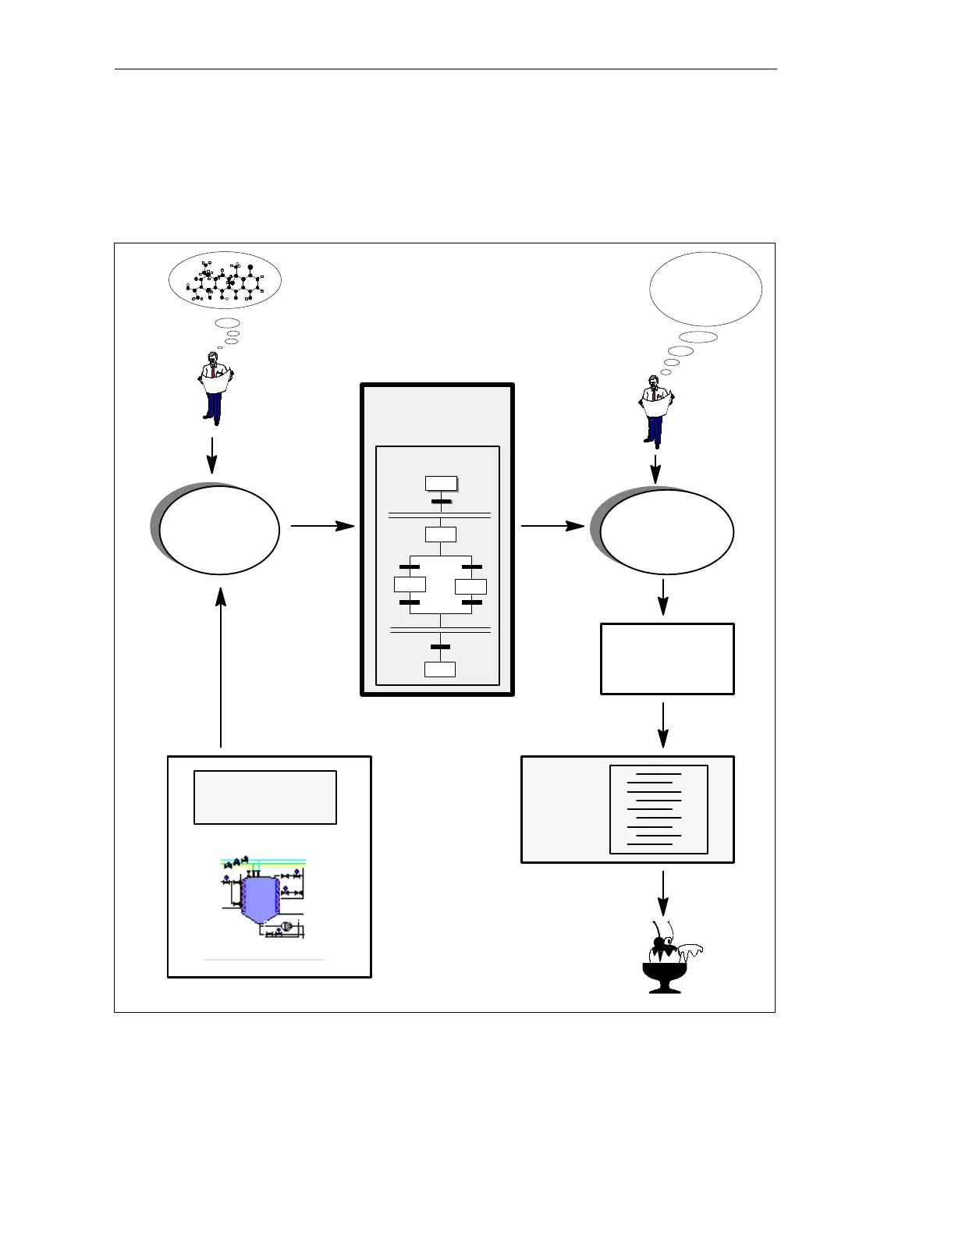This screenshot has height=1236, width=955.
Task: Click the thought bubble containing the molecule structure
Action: tap(225, 280)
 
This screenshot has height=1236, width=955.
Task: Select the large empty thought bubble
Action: tap(705, 289)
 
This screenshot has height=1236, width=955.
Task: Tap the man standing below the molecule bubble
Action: tap(214, 388)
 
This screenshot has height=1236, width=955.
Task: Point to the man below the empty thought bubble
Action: tap(655, 410)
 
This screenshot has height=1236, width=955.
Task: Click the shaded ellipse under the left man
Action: tap(218, 530)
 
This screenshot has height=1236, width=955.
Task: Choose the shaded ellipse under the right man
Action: tap(666, 531)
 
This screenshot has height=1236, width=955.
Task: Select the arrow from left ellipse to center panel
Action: tap(322, 526)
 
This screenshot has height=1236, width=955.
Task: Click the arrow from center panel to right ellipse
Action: tap(552, 526)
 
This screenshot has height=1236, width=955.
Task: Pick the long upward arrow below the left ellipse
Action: tap(222, 667)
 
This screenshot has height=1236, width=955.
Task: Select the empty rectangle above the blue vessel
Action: tap(265, 797)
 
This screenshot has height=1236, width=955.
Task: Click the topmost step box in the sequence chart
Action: tap(441, 483)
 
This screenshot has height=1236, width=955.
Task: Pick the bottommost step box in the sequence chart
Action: tap(440, 669)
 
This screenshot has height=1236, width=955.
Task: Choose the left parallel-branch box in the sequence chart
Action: tap(410, 584)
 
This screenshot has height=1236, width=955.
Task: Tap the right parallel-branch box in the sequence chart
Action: tap(470, 586)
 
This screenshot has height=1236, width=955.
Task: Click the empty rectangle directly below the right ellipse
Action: tap(667, 659)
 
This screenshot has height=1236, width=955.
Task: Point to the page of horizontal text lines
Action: tap(659, 809)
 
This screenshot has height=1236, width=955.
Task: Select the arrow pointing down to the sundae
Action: tap(663, 893)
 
